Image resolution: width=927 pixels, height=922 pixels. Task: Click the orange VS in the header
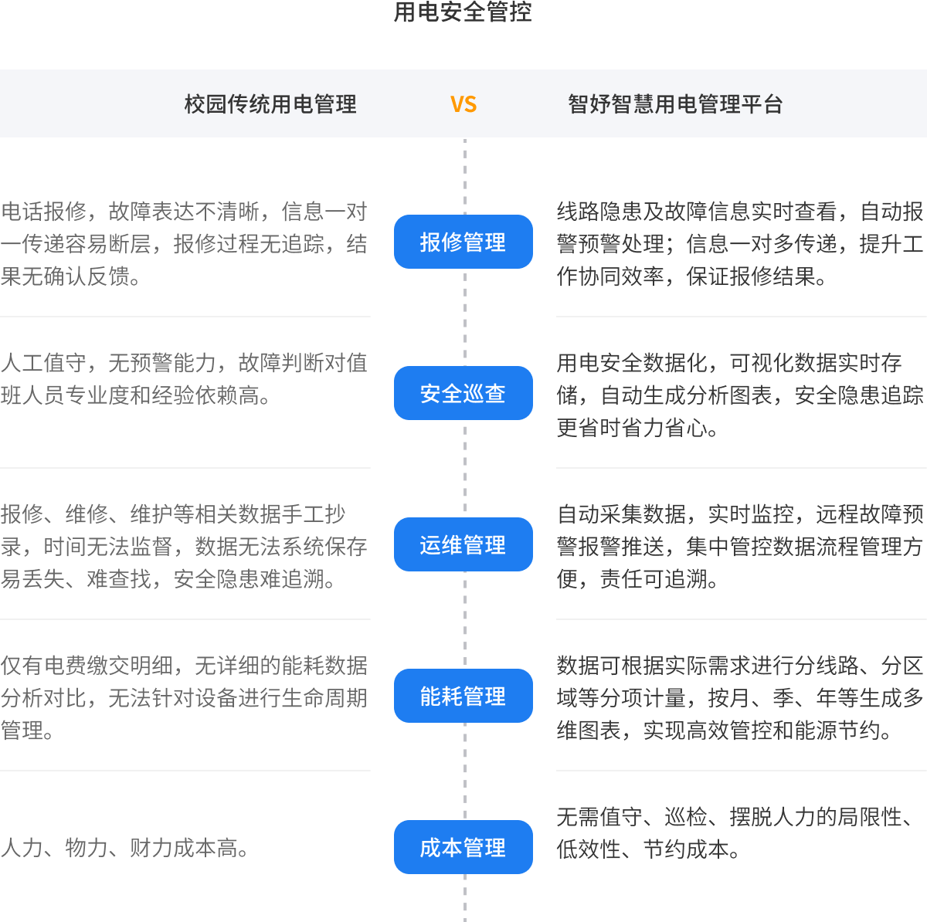[463, 104]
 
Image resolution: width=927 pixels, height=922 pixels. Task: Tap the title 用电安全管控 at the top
[463, 12]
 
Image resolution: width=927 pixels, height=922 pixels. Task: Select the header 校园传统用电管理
[270, 104]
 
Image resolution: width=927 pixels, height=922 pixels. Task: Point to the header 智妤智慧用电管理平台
[675, 104]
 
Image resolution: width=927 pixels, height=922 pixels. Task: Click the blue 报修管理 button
[463, 242]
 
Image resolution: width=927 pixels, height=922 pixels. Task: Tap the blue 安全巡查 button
[463, 393]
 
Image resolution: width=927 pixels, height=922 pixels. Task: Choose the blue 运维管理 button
[463, 544]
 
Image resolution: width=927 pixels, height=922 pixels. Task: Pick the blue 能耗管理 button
[463, 696]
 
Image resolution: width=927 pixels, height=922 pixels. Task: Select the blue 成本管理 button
[463, 847]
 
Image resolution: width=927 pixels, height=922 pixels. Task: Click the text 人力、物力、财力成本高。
[125, 848]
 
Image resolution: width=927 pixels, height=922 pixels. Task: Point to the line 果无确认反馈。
[71, 276]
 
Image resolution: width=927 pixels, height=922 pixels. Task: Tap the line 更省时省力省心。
[638, 428]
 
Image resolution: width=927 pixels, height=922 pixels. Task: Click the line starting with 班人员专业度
[136, 395]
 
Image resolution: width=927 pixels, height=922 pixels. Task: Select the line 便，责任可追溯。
[638, 579]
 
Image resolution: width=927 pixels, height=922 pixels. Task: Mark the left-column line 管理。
[28, 730]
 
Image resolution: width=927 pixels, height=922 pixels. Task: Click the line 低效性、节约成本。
[649, 849]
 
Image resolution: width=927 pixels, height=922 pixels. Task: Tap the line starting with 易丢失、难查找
[168, 579]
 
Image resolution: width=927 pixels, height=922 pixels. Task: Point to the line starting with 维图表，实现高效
[725, 730]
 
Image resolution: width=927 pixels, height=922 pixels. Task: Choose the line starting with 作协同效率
[692, 276]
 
